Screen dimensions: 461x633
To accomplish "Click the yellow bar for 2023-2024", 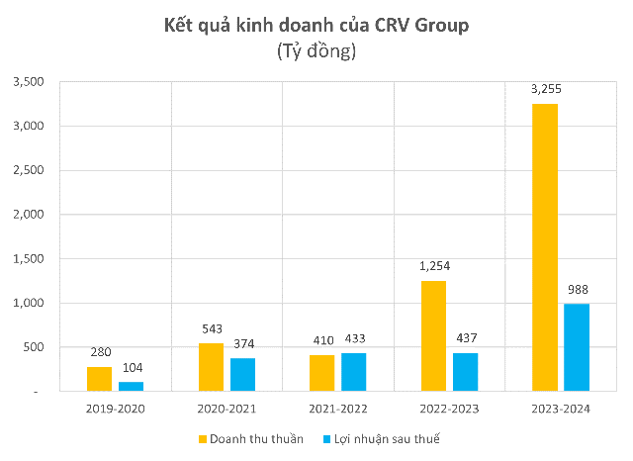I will coord(545,247).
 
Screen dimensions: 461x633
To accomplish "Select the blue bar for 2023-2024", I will coord(577,347).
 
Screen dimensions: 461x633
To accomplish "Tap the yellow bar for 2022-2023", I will coord(433,336).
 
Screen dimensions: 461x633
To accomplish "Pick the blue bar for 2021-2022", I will coord(354,372).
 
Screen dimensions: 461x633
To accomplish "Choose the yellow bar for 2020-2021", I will coord(212,367).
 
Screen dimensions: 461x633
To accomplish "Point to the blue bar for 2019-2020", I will coord(132,387).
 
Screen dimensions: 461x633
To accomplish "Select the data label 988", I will coord(577,290).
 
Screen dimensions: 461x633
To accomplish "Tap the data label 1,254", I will coord(433,268).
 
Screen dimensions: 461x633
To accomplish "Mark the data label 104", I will coord(132,369).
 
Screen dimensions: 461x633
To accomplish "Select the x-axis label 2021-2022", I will coord(337,407).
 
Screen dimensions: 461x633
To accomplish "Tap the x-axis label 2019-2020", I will coord(116,407).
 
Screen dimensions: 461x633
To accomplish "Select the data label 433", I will coord(354,340).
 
